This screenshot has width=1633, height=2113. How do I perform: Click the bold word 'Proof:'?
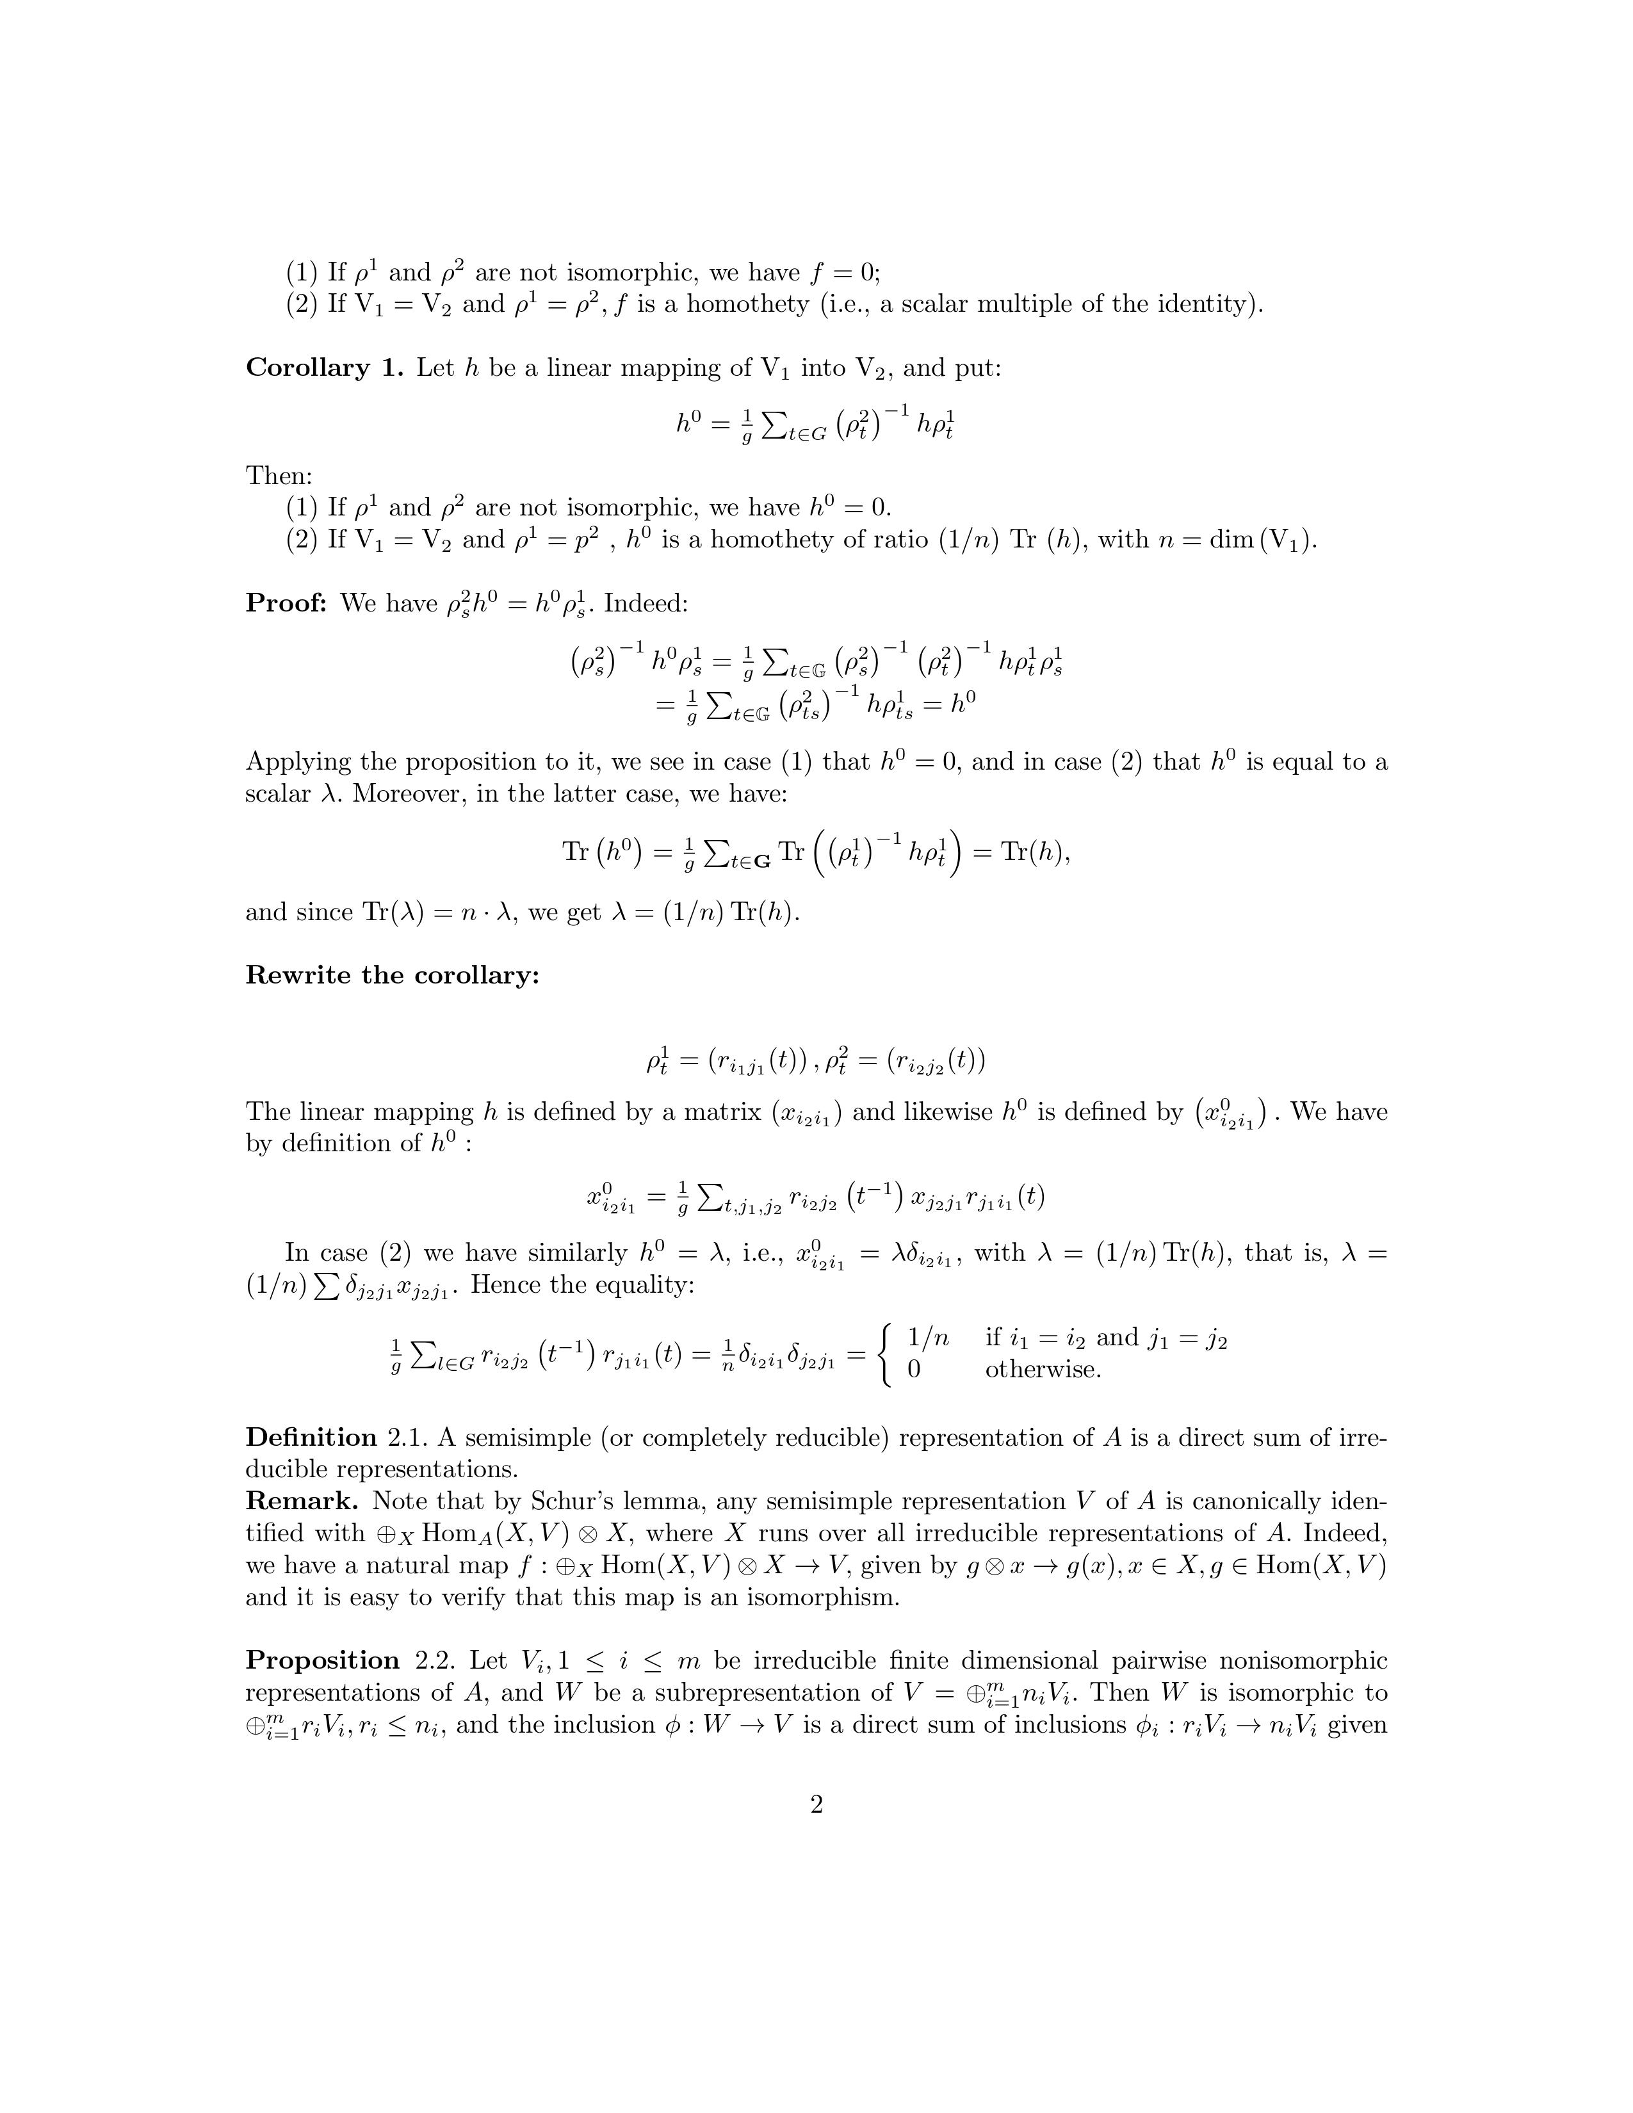point(286,604)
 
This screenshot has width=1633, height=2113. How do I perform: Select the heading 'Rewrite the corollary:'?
point(392,975)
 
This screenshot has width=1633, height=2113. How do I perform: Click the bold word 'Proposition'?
point(322,1660)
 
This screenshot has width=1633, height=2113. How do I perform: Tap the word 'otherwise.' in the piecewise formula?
point(1043,1370)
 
